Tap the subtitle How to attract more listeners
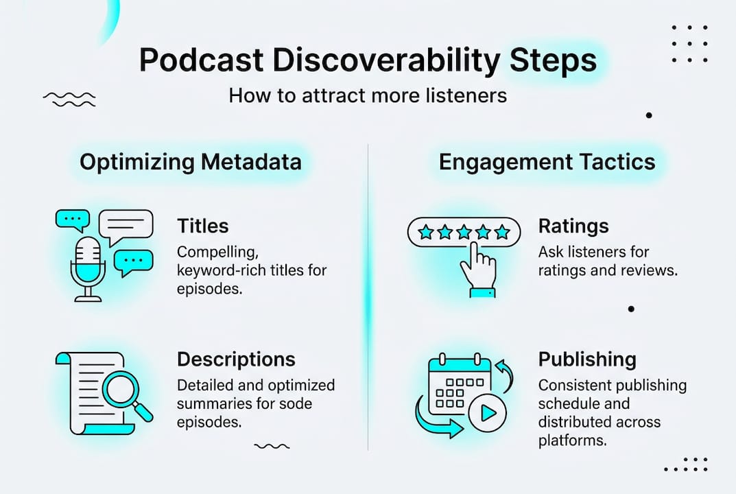(368, 95)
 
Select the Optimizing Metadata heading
(190, 162)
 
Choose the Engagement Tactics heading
(547, 162)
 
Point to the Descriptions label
(236, 359)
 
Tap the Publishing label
(587, 359)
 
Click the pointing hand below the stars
(478, 271)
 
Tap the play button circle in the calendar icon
(488, 413)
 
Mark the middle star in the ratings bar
(464, 232)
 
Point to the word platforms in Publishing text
(572, 440)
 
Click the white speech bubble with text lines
(126, 224)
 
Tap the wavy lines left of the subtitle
(69, 99)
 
